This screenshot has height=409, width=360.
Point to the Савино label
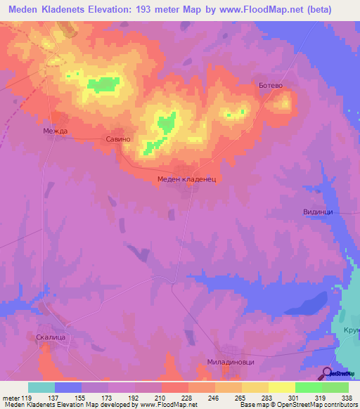118,139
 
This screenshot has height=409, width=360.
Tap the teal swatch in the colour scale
41,387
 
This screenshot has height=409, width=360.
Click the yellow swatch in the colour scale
282,387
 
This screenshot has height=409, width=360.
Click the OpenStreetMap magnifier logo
328,373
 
